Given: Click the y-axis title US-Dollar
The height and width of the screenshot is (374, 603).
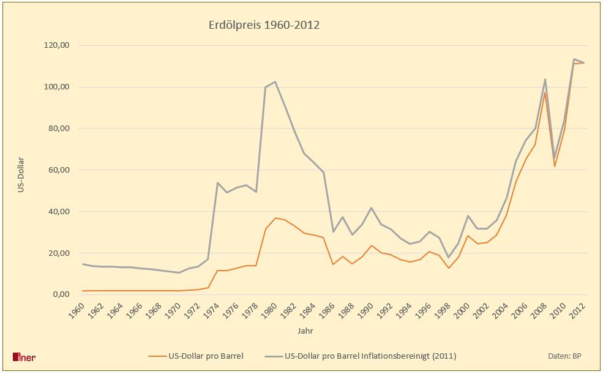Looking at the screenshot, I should (20, 173).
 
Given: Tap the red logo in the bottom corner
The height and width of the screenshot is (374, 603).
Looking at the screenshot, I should (24, 357).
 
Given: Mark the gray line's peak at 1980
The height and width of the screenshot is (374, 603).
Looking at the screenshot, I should (275, 81).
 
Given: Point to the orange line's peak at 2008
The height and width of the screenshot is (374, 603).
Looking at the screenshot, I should (545, 92).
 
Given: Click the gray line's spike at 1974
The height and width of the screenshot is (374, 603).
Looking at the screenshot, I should (217, 182).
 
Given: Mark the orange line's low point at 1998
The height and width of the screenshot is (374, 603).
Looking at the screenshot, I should (449, 268).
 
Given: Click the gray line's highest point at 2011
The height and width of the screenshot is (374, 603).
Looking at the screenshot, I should (574, 59).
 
